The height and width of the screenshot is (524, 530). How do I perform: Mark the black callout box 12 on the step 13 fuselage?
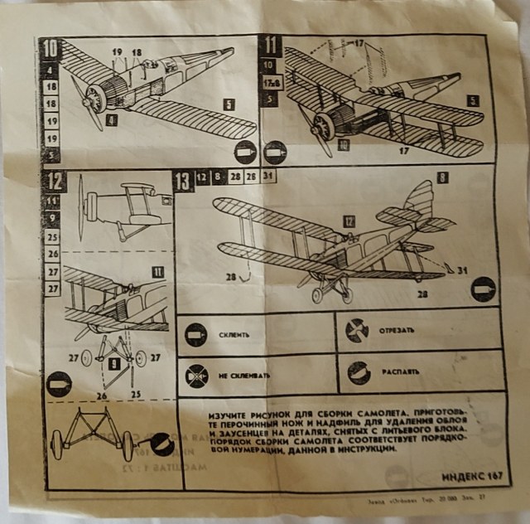349,221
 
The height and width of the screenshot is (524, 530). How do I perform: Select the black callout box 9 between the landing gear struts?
114,362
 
